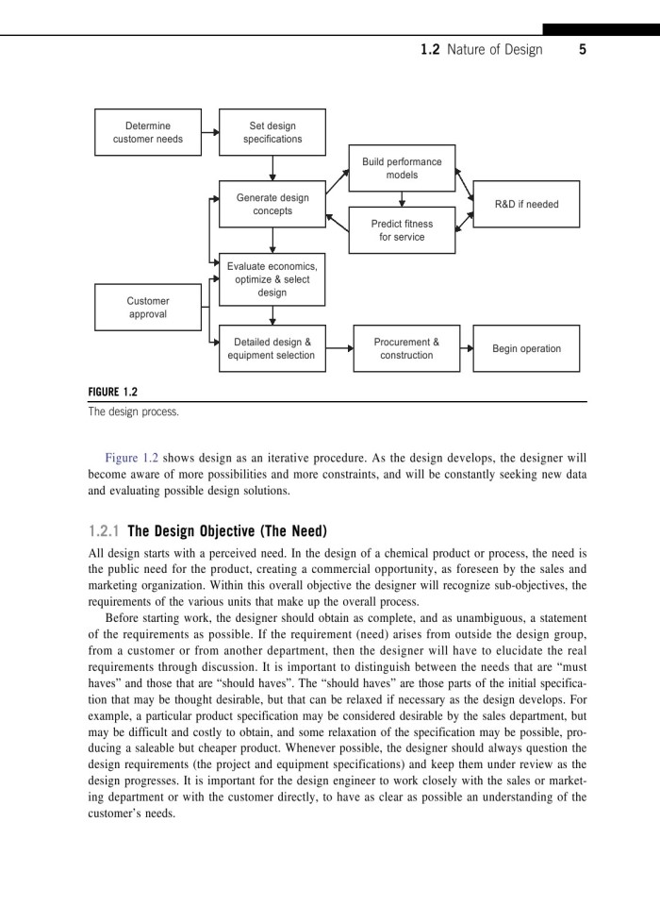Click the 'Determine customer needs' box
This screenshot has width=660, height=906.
(148, 132)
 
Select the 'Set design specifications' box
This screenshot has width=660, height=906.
(272, 132)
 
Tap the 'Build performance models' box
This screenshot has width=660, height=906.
(402, 168)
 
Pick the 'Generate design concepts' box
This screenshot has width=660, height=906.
(272, 204)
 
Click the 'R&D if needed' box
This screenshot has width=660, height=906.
(526, 204)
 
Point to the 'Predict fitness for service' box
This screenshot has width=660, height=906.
(402, 230)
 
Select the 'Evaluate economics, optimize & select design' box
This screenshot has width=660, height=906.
(272, 279)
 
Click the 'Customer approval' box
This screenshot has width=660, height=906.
(148, 308)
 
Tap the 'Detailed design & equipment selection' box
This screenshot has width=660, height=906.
(272, 348)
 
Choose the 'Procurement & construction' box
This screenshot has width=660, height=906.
(406, 348)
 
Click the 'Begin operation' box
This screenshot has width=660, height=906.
(526, 348)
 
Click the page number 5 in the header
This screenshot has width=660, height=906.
(583, 50)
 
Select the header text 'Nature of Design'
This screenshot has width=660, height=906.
(496, 50)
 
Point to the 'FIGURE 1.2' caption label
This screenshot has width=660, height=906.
(113, 392)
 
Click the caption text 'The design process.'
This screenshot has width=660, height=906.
(133, 411)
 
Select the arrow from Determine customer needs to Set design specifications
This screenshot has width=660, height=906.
(210, 132)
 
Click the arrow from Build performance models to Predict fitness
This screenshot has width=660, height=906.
(402, 199)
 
